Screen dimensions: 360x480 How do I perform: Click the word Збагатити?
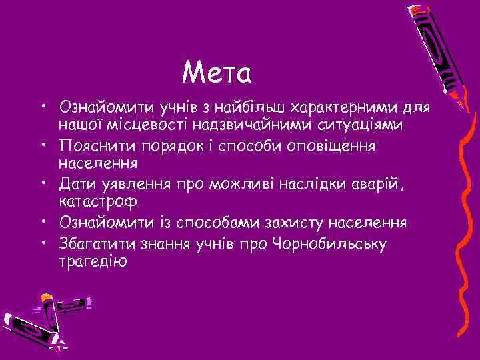(x=98, y=244)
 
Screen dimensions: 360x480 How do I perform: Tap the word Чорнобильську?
(x=329, y=244)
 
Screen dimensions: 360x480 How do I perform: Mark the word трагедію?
(x=92, y=261)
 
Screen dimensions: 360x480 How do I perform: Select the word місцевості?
(x=152, y=125)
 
